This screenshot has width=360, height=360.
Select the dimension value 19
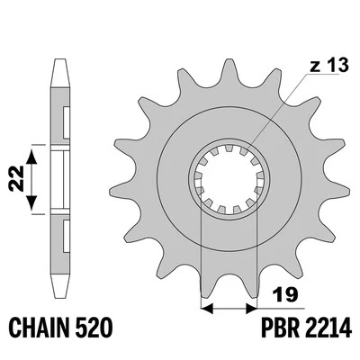click(283, 293)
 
